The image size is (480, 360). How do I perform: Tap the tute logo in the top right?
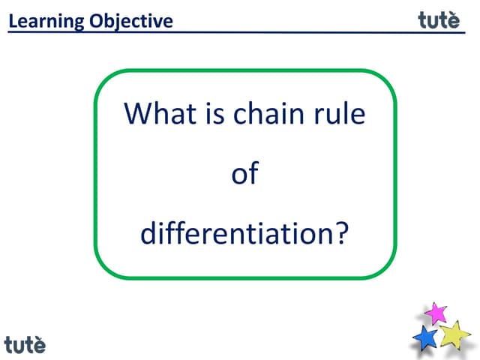click(439, 20)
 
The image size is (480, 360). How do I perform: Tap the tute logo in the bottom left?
click(25, 345)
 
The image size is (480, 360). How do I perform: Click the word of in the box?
click(244, 174)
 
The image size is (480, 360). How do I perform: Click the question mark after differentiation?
click(341, 234)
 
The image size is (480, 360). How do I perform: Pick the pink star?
click(436, 313)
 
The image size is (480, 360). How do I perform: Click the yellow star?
click(454, 334)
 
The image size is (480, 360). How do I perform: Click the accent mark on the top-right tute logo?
click(454, 12)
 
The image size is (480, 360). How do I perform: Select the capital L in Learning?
click(13, 21)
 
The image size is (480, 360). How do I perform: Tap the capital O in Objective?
click(95, 21)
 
